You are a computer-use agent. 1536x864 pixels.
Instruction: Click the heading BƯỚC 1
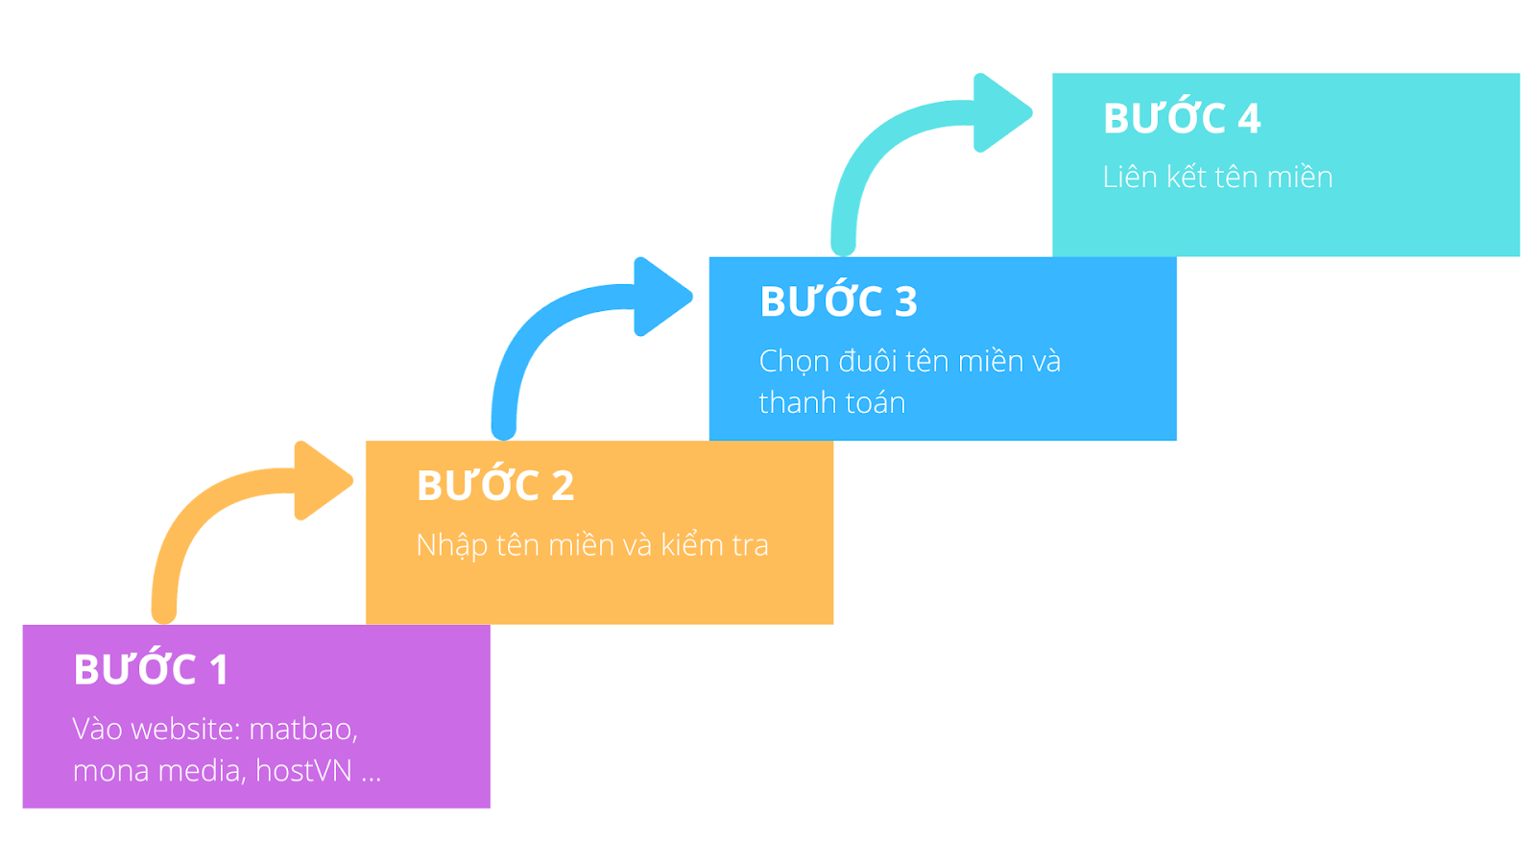click(x=151, y=669)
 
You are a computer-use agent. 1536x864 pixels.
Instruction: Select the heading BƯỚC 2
click(x=494, y=486)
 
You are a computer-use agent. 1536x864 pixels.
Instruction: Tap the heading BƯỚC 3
click(x=838, y=301)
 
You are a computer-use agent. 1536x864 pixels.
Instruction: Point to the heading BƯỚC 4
click(x=1181, y=118)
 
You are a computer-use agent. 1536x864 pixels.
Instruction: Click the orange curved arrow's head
click(x=322, y=480)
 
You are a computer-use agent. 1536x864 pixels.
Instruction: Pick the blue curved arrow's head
click(x=661, y=296)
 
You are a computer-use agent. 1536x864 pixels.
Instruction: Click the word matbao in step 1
click(x=302, y=730)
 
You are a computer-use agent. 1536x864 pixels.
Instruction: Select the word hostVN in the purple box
click(x=303, y=771)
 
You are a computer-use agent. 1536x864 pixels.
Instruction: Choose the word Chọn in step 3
click(x=793, y=362)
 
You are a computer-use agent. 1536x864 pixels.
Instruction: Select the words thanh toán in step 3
click(x=831, y=402)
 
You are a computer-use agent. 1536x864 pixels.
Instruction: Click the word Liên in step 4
click(x=1129, y=178)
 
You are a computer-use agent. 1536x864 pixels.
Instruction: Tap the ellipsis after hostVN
click(x=372, y=774)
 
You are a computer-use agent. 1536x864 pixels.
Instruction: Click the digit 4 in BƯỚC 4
click(x=1248, y=118)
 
